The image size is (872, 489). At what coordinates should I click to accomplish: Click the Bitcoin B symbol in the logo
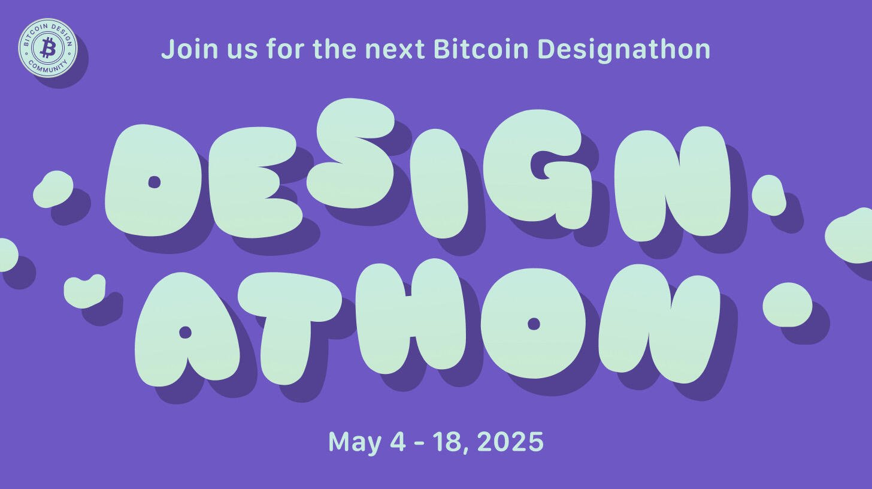click(x=49, y=47)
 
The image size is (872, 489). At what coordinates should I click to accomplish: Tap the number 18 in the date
click(x=451, y=442)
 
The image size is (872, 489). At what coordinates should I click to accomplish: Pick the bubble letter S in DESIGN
click(x=356, y=153)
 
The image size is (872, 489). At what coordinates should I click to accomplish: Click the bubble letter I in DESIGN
click(x=443, y=183)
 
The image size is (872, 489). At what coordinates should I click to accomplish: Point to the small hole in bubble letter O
click(x=534, y=324)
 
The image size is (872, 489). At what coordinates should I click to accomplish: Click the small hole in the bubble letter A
click(x=185, y=333)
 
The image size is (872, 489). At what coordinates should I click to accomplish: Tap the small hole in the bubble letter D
click(x=155, y=182)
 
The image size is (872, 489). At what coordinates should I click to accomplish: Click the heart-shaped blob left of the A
click(x=84, y=291)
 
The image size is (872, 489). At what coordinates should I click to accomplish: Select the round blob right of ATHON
click(x=787, y=304)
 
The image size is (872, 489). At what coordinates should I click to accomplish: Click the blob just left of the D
click(x=53, y=189)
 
